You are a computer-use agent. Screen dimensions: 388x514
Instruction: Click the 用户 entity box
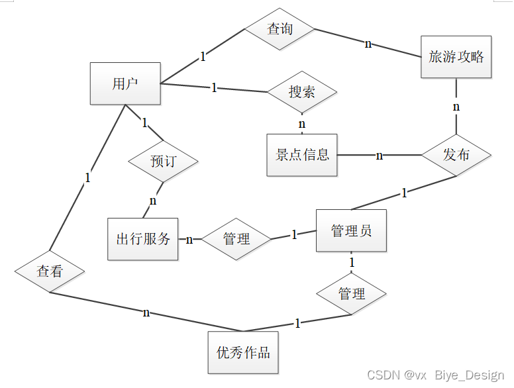125,83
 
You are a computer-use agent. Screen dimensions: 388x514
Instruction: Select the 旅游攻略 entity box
456,57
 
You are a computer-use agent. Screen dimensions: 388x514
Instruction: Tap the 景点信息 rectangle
302,155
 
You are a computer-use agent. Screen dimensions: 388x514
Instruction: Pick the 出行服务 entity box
143,239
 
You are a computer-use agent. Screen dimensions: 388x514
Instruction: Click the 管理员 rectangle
351,231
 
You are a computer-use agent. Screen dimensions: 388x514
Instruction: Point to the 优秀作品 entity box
243,352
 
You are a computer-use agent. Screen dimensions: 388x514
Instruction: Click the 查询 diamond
280,29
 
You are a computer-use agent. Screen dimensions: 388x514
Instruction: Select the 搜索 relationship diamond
302,92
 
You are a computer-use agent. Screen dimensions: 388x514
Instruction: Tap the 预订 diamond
163,161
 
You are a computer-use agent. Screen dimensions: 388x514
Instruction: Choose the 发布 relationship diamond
456,155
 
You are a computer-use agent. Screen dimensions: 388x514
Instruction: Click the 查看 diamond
50,271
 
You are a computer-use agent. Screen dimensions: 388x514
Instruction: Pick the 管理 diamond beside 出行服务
236,239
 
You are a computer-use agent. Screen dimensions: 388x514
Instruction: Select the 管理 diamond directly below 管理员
351,293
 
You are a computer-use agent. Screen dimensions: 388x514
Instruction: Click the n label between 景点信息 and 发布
380,156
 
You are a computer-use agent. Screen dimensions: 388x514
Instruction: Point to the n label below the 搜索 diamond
302,124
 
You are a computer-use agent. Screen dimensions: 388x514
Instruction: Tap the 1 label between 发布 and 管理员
404,193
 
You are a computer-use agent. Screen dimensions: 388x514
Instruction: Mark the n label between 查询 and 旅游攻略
368,44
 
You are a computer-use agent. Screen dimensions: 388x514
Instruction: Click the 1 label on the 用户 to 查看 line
87,177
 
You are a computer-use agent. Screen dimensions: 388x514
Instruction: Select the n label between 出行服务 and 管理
189,239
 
